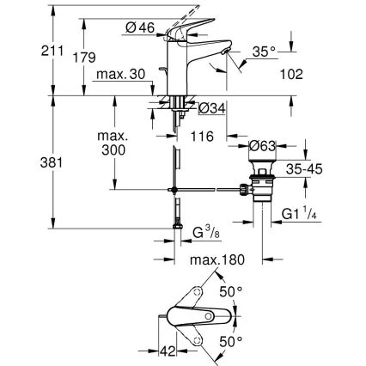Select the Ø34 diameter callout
[x=211, y=107]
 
